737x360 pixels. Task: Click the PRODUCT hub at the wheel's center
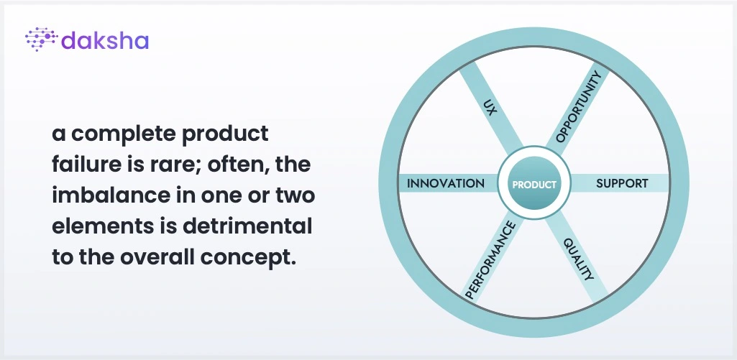[534, 184]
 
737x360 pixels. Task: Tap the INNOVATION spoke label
[446, 183]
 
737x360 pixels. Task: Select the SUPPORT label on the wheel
[622, 183]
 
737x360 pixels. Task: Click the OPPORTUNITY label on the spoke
[578, 106]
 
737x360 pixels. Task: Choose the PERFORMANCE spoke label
[490, 260]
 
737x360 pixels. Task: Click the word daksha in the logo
[105, 40]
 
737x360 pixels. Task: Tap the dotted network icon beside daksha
[41, 39]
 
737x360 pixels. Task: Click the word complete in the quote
[123, 134]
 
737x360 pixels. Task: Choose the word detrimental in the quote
[247, 226]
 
